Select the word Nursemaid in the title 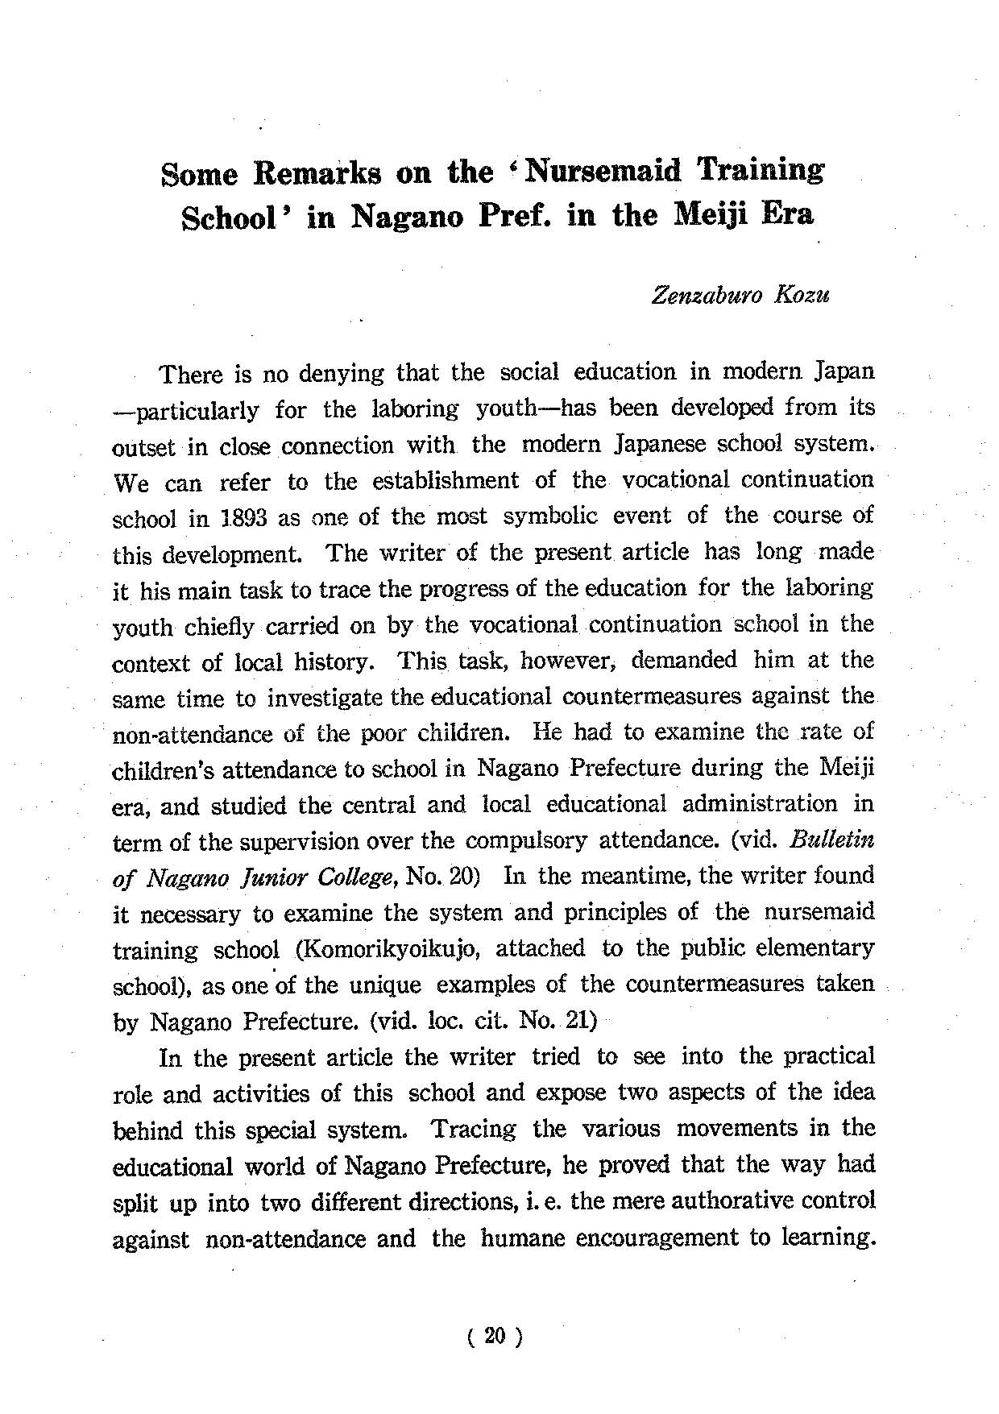pos(602,171)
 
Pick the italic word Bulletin pos(832,840)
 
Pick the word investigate pos(328,698)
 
